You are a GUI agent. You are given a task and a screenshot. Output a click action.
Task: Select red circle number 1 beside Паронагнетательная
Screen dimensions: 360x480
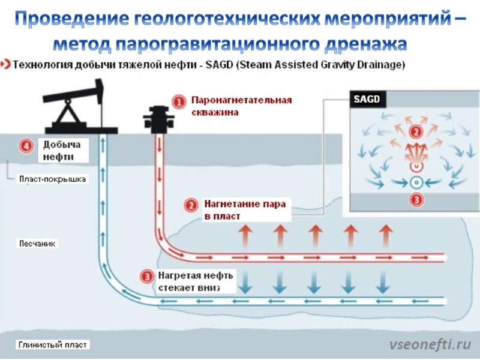coord(178,103)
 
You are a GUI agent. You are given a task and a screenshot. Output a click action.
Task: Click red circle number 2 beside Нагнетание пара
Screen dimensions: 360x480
coord(191,205)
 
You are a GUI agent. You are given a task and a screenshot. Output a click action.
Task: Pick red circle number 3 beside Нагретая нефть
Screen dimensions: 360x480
coord(146,277)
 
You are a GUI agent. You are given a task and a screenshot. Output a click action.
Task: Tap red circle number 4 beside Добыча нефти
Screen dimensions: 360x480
coord(25,146)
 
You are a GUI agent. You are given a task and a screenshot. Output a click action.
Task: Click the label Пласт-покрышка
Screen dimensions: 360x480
coord(53,179)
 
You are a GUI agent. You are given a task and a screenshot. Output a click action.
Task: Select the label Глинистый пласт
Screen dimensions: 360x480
coord(53,345)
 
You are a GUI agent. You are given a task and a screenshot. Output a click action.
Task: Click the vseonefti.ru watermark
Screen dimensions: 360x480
coord(429,344)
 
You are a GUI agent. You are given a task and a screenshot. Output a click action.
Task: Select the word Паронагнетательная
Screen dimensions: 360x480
coord(241,99)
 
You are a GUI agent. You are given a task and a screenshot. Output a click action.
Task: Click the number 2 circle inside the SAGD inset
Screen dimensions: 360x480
coord(414,131)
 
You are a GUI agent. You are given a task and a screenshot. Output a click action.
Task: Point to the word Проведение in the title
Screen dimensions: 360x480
coord(70,19)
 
